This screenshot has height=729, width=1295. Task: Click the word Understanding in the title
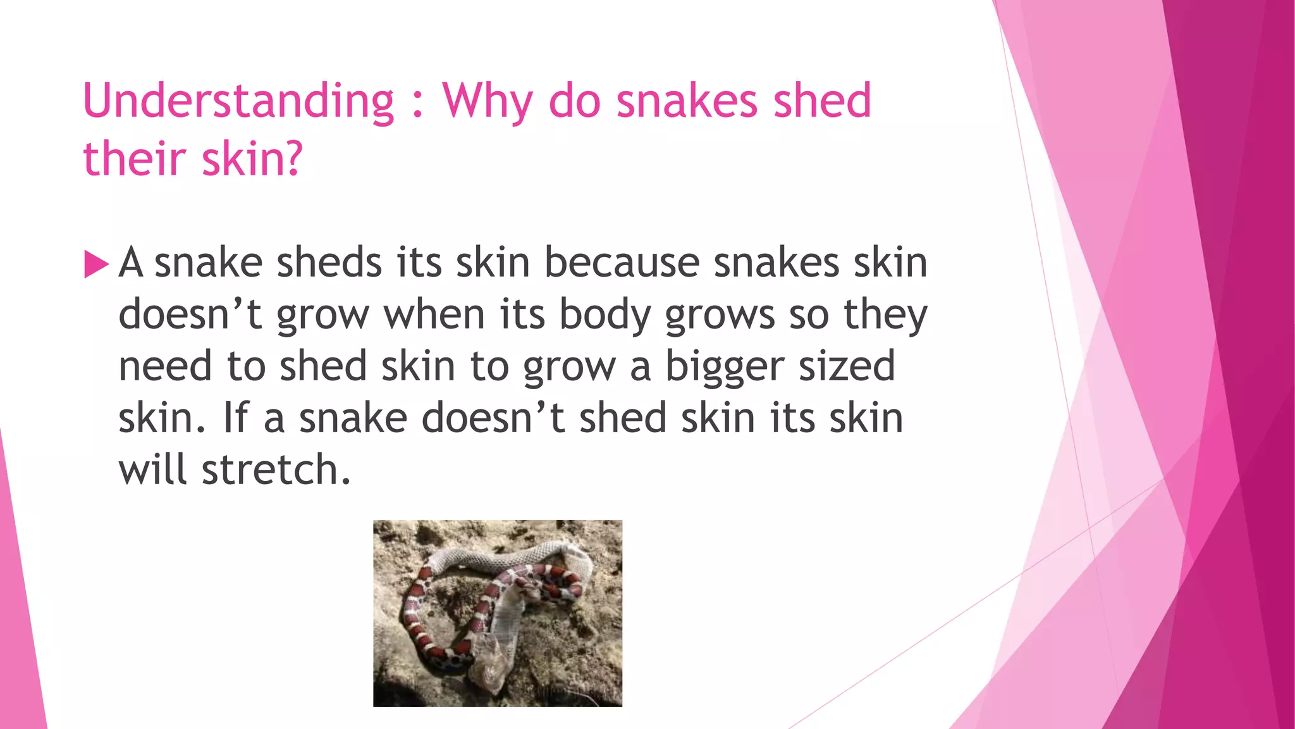tap(238, 101)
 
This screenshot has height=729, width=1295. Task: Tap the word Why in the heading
tap(488, 101)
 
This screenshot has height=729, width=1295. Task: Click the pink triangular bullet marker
tap(96, 265)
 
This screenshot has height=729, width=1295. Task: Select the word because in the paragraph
tap(622, 262)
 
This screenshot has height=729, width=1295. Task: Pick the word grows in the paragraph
tap(720, 315)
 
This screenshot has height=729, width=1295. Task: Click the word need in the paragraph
tap(165, 366)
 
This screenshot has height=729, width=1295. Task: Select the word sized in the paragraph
tap(847, 366)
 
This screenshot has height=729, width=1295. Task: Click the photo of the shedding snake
tap(498, 613)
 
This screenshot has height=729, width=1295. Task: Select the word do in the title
tap(575, 101)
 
